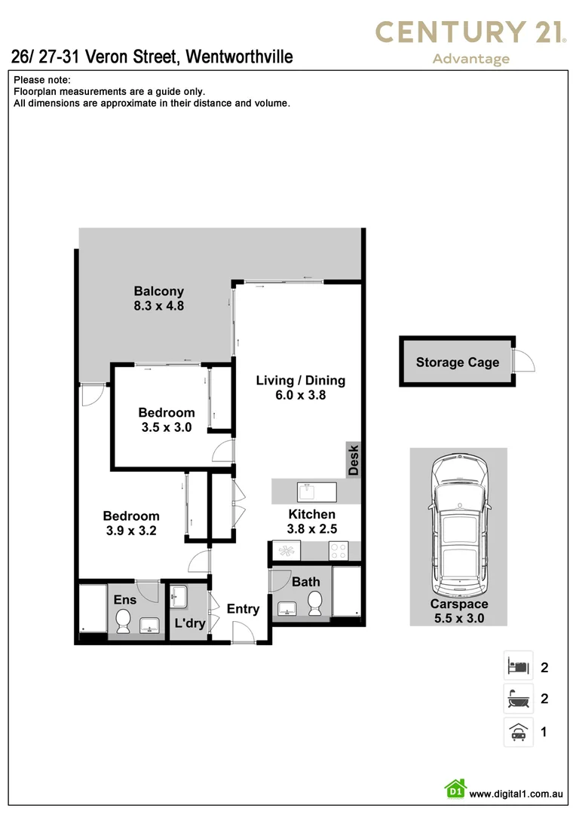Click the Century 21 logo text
pos(471,32)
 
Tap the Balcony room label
pos(159,291)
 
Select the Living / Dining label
pos(300,380)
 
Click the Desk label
pos(354,460)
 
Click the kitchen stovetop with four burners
pos(337,552)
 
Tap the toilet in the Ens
pos(124,621)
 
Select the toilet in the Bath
pos(316,602)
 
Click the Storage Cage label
pos(457,363)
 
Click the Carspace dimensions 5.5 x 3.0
pos(458,618)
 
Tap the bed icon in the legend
pos(518,666)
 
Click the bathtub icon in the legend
pos(518,699)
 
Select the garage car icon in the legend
pos(518,731)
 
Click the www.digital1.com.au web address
pos(516,794)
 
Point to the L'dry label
pos(190,623)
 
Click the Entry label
pos(243,609)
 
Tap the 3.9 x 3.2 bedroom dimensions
pos(131,530)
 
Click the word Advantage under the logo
pos(471,59)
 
